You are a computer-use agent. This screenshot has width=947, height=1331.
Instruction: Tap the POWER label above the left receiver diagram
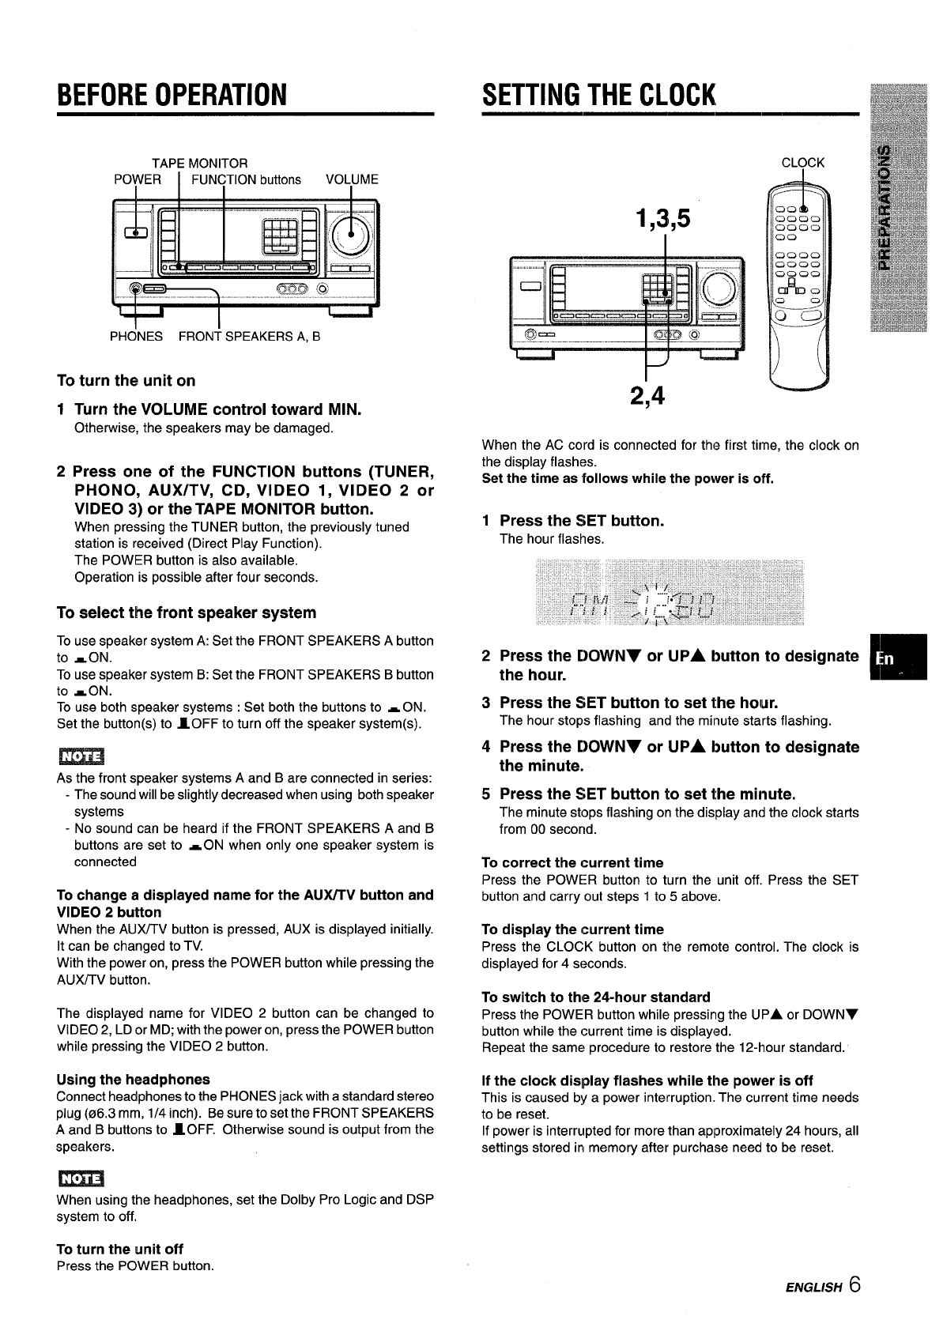tap(138, 179)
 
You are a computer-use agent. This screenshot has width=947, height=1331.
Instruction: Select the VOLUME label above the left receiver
tap(352, 179)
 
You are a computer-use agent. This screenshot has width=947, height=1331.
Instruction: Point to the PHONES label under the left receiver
tap(136, 336)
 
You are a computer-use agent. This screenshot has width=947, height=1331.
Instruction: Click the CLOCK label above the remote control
tap(802, 163)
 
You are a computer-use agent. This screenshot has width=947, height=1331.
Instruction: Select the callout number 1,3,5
tap(662, 217)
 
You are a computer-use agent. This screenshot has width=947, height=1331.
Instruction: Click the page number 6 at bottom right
tap(851, 1284)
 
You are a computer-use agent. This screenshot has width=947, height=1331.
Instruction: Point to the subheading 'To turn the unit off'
tap(119, 1249)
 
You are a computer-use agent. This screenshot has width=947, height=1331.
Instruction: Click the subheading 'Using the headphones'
tap(134, 1079)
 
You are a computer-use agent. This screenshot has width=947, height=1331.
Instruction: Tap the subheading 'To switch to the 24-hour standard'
tap(596, 997)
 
